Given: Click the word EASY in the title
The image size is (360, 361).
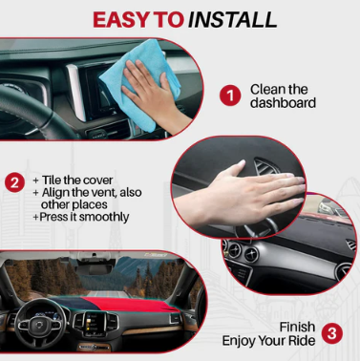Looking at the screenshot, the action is pos(121,20).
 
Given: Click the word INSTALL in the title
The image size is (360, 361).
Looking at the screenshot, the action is pos(232,20).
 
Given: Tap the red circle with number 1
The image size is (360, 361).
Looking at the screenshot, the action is pos(230,96).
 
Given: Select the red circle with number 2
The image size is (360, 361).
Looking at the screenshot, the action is pos(14,182).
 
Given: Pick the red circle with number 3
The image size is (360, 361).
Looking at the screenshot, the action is pos(332,333).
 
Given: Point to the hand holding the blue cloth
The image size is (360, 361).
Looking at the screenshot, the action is pos(156,96).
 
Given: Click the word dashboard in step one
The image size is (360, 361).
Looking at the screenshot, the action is pos(283,103).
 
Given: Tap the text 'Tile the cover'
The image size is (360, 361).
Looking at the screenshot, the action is pos(77,180).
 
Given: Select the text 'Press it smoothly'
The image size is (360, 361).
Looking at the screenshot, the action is pos(84,217).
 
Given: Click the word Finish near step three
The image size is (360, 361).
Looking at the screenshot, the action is pos(297,327).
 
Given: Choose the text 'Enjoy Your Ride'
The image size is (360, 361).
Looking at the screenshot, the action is pos(268,341).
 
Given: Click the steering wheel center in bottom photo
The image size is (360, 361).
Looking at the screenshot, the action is pos(38,325).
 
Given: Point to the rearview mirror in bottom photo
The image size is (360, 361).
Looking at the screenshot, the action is pos(95,269).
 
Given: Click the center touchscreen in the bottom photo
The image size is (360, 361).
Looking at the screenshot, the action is pos(93,322).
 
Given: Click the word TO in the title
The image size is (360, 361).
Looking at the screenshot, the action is pos(169,20).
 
